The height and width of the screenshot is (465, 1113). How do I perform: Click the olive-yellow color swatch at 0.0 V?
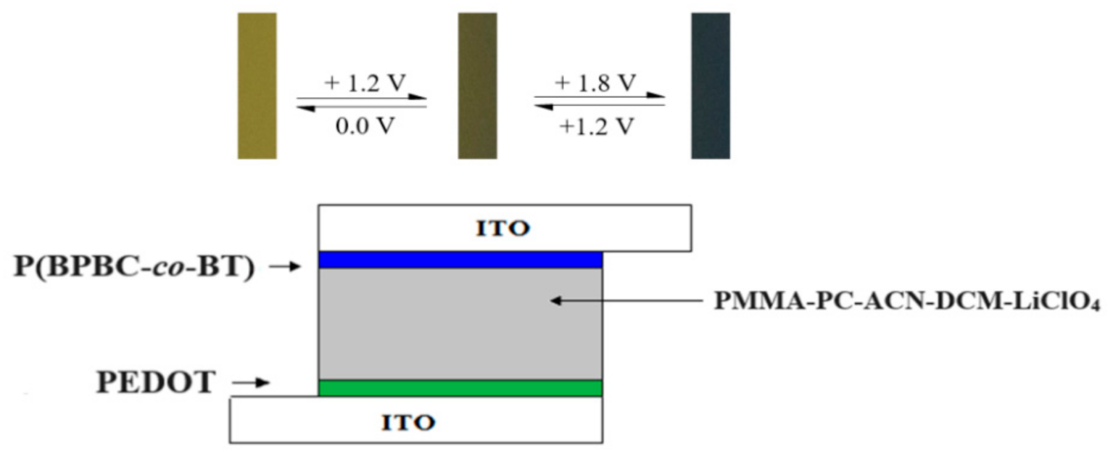point(257,86)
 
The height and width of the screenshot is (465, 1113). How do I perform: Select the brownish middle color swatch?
point(477,86)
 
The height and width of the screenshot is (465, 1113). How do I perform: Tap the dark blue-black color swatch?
point(710,86)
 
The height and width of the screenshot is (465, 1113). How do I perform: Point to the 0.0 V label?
point(364,125)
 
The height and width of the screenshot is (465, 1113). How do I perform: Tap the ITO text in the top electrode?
point(502,229)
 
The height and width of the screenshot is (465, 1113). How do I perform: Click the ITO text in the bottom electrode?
point(415,421)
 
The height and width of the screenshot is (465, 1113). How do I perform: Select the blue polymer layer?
point(460,260)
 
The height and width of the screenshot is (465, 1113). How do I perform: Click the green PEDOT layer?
point(460,388)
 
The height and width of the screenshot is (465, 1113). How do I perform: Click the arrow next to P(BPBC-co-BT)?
point(284,267)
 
